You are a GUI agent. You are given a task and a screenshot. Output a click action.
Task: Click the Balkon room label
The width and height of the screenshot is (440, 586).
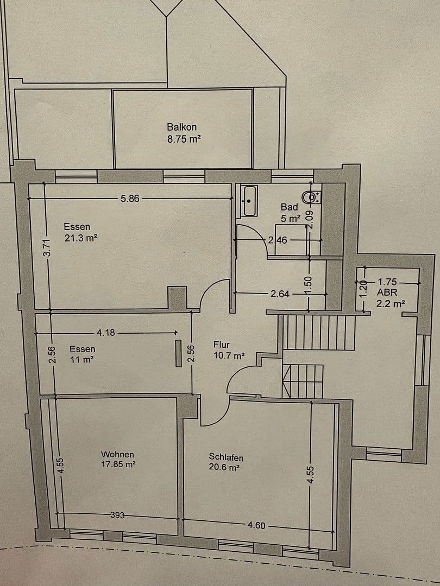181,127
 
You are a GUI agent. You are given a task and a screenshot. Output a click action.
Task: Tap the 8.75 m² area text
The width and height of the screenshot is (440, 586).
184,139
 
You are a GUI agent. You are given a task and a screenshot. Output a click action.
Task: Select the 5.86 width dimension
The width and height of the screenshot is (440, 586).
130,199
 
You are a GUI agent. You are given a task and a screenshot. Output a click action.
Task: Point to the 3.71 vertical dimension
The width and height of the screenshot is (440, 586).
47,247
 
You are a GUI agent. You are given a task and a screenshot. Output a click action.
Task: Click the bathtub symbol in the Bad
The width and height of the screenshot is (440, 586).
249,200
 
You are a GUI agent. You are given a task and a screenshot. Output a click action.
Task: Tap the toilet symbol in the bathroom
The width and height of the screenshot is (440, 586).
313,196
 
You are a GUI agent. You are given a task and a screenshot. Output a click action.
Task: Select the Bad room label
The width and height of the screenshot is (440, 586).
289,207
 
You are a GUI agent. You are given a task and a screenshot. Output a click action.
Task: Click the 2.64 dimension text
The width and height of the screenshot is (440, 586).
280,294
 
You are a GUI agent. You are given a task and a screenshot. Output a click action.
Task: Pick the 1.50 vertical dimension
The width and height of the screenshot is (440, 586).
309,285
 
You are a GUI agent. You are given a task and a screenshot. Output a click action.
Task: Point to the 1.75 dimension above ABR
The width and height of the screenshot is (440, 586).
388,282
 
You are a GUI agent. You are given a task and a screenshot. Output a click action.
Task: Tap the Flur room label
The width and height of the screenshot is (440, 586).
222,345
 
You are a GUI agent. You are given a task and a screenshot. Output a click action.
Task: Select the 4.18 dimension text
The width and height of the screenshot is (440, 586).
105,333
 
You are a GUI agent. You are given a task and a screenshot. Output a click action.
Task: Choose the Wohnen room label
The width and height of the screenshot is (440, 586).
117,454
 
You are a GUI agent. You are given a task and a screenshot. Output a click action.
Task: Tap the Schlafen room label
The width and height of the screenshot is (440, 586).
226,457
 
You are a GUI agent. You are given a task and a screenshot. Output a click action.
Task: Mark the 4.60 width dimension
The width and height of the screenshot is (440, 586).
256,526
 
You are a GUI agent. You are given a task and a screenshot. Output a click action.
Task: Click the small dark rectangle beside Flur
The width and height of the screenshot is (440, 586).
178,354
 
